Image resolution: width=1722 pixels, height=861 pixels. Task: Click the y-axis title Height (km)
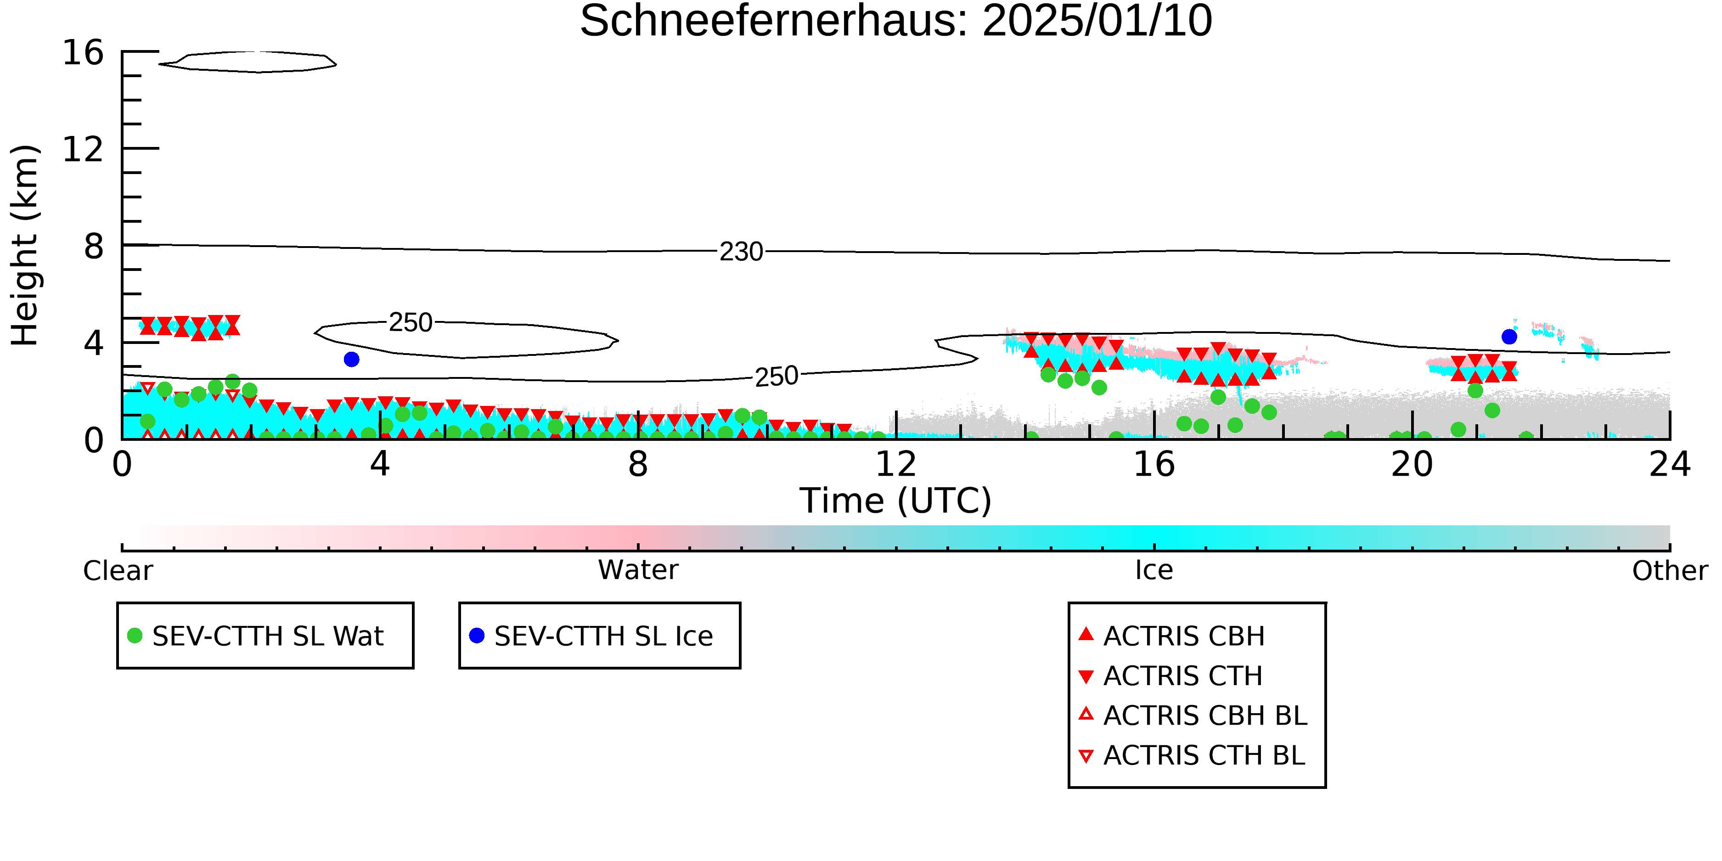25,245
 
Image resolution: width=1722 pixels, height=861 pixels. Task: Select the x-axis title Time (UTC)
896,501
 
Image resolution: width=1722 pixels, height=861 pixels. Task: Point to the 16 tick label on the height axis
83,52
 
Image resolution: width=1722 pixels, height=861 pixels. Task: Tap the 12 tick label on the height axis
83,149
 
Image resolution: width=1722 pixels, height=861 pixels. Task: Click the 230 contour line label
741,252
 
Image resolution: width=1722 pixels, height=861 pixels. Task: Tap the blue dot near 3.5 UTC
352,360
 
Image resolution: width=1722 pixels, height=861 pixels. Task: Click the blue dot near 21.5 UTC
1509,337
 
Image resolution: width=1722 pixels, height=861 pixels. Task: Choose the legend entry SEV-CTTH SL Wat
256,636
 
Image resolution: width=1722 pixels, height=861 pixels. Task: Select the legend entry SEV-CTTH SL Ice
591,636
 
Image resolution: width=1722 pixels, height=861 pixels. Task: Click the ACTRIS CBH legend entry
1172,636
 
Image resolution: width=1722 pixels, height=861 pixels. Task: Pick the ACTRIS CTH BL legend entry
1192,755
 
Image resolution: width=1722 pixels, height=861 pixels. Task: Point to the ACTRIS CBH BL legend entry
1193,715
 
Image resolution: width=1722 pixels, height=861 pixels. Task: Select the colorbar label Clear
118,571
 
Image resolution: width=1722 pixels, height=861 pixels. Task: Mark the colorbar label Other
1670,571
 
